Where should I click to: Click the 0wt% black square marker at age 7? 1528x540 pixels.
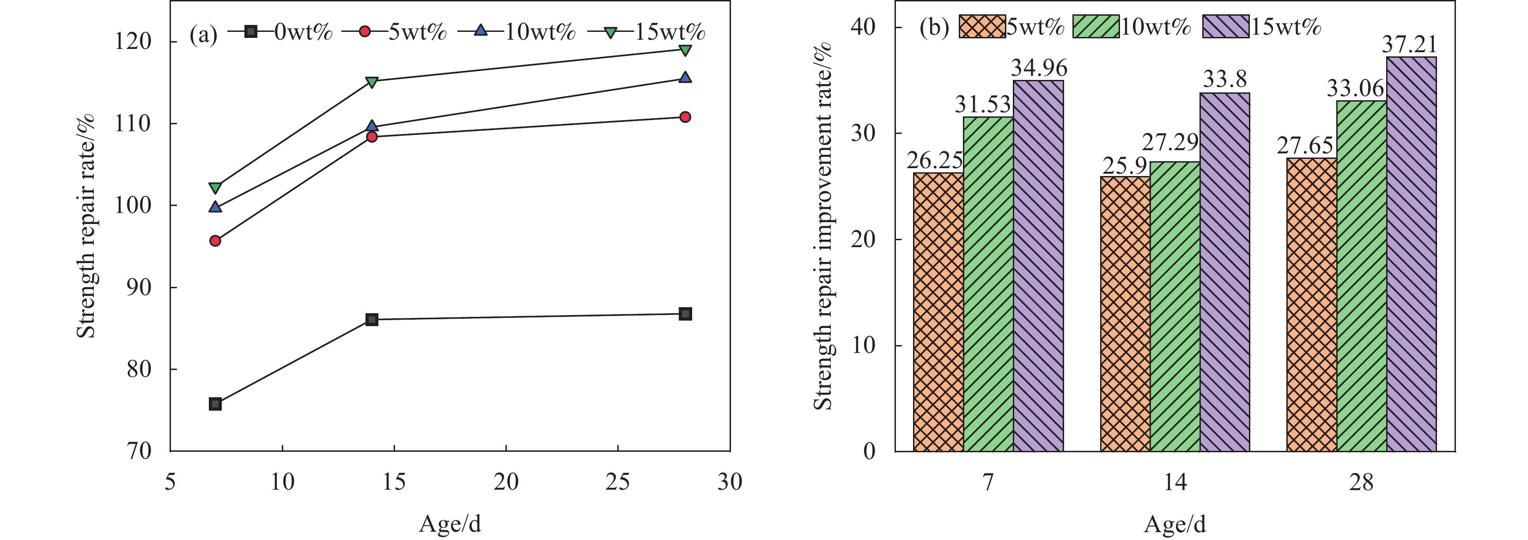(x=215, y=404)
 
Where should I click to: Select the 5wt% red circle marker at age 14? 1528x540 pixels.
(x=372, y=137)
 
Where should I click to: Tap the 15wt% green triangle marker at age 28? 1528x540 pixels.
(x=685, y=50)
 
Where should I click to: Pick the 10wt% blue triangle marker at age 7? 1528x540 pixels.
(x=215, y=207)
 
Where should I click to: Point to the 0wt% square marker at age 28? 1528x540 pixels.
(x=685, y=314)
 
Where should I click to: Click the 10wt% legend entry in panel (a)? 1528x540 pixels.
(x=524, y=31)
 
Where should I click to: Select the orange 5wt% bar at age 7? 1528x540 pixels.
(x=938, y=312)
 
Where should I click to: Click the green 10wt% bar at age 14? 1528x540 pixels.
(x=1175, y=306)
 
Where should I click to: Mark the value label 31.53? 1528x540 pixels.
(x=982, y=105)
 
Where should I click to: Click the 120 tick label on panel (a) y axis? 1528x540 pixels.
(x=133, y=42)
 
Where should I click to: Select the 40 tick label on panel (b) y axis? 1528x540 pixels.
(x=863, y=27)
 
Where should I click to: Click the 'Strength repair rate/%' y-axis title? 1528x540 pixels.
(x=86, y=225)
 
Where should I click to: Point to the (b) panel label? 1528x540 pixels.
(x=934, y=27)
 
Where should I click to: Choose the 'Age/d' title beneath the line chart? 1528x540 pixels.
(x=450, y=524)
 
